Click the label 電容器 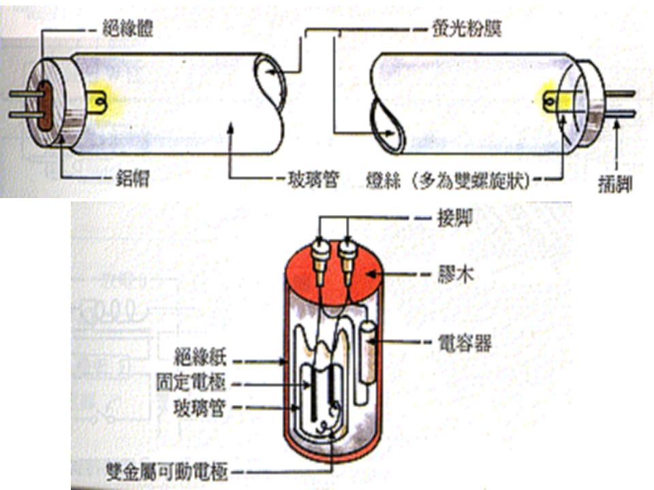(467, 344)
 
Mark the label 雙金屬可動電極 (170, 472)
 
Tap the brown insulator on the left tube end (45, 106)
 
